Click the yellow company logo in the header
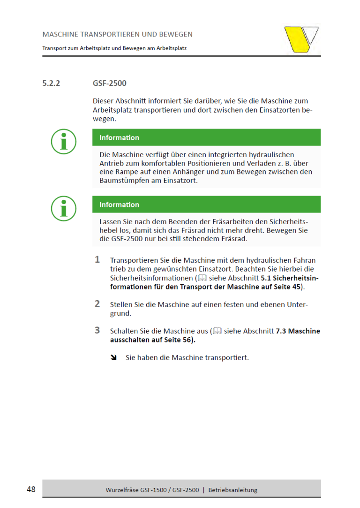[301, 39]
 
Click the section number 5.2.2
[52, 83]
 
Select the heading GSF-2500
[110, 83]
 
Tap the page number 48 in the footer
[31, 489]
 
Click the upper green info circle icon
[63, 141]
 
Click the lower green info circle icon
[63, 208]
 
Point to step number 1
[97, 259]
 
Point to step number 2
[97, 303]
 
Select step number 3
[97, 330]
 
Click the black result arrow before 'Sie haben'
[113, 358]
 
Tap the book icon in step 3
[217, 331]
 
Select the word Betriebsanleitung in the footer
[233, 490]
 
